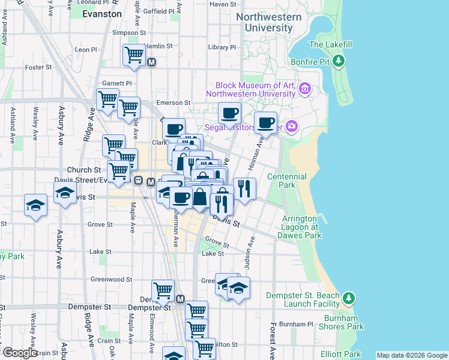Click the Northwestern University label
pyautogui.click(x=268, y=22)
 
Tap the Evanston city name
pyautogui.click(x=101, y=13)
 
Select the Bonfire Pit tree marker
pyautogui.click(x=339, y=61)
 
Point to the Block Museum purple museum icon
pyautogui.click(x=304, y=89)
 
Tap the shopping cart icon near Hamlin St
pyautogui.click(x=134, y=55)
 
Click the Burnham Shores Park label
pyautogui.click(x=342, y=322)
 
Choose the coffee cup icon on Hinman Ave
pyautogui.click(x=265, y=122)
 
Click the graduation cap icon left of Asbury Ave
pyautogui.click(x=36, y=205)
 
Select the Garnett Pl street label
pyautogui.click(x=116, y=83)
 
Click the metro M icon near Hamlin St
pyautogui.click(x=151, y=61)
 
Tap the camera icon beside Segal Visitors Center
pyautogui.click(x=292, y=126)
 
